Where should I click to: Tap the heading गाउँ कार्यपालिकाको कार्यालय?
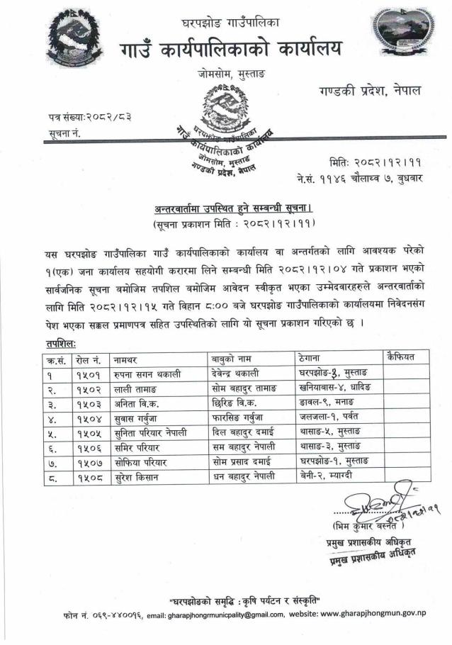coord(230,48)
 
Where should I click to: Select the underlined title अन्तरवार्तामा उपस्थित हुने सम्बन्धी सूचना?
coord(233,209)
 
